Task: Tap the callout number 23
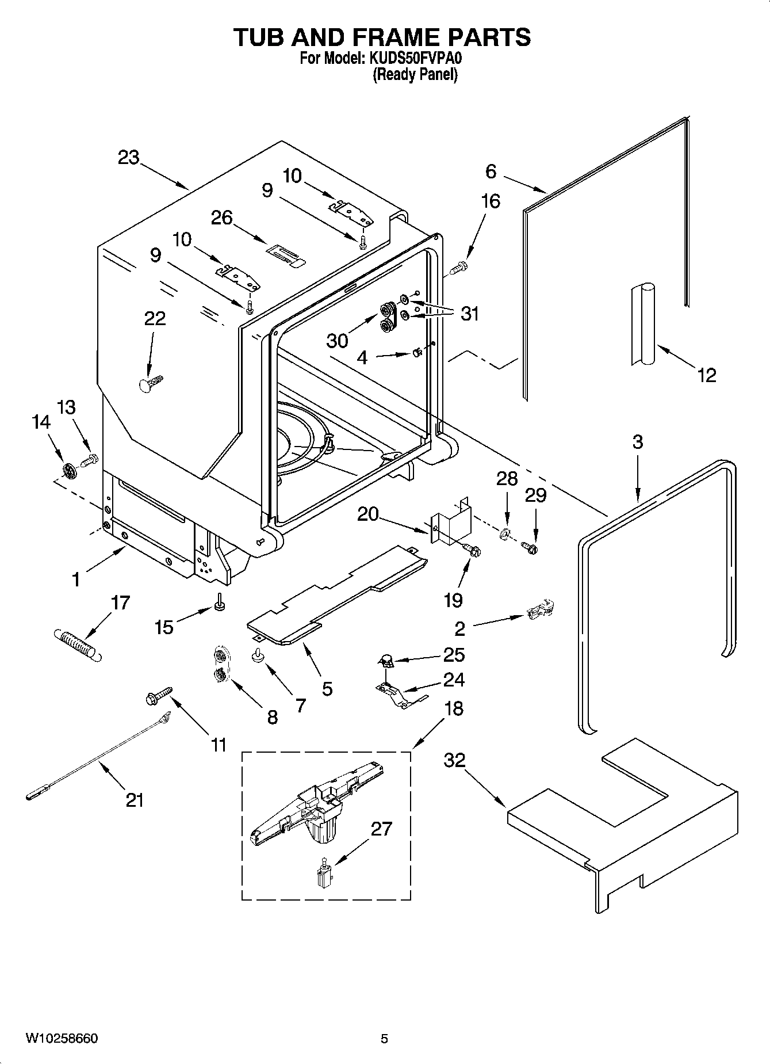tap(128, 157)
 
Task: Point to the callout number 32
tap(454, 760)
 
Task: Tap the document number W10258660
tap(62, 1039)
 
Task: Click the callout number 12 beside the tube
tap(707, 376)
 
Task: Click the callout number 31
tap(470, 314)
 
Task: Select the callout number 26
tap(222, 218)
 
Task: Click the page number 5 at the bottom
tap(384, 1039)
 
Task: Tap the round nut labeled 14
tap(69, 471)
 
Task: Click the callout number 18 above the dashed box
tap(454, 708)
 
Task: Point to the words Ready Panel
tap(415, 75)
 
